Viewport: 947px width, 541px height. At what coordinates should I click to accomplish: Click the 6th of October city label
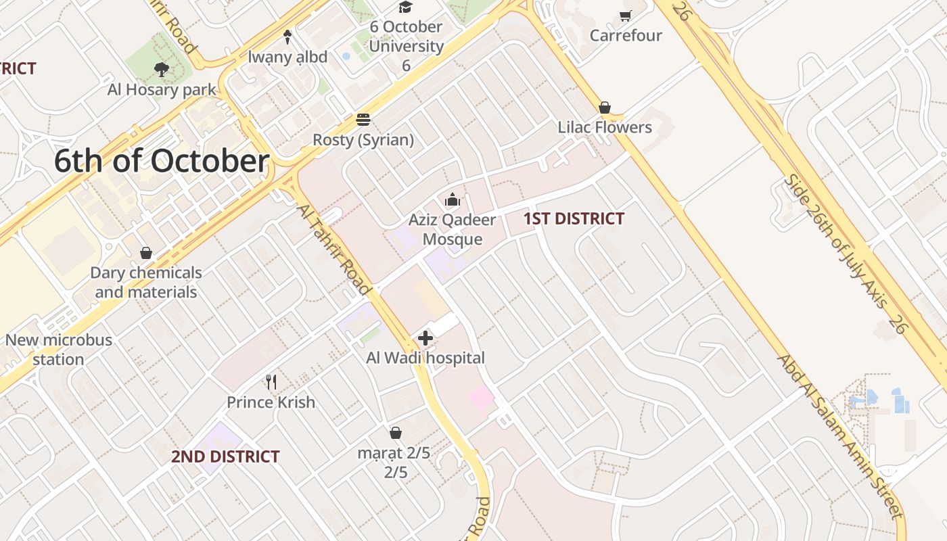[x=162, y=162]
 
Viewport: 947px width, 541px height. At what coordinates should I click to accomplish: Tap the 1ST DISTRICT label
[x=574, y=218]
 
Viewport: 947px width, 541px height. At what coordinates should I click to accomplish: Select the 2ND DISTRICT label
[x=225, y=456]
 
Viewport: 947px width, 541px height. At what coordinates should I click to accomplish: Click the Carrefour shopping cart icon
[x=626, y=16]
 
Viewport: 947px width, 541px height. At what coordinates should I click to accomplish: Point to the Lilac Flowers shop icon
[x=605, y=108]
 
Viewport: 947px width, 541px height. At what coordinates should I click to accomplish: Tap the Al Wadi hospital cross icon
[x=425, y=338]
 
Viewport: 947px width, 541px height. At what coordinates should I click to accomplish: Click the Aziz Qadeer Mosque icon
[x=453, y=199]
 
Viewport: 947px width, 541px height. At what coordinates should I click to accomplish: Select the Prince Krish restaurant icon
[x=271, y=382]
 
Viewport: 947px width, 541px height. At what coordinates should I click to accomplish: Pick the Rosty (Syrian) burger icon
[x=363, y=120]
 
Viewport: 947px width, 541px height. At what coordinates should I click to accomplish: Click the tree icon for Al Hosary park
[x=161, y=69]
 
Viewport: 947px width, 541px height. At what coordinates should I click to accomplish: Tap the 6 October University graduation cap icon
[x=405, y=7]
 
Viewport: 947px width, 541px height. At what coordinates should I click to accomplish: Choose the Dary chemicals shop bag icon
[x=145, y=253]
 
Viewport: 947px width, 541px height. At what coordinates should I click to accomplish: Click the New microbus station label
[x=58, y=350]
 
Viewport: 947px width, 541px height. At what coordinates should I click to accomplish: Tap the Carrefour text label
[x=626, y=35]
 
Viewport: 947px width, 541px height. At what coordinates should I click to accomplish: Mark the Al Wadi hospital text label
[x=425, y=358]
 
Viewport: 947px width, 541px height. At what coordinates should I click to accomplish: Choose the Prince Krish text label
[x=271, y=402]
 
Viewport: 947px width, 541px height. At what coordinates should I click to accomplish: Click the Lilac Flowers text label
[x=605, y=127]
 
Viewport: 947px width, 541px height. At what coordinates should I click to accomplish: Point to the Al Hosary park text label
[x=162, y=89]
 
